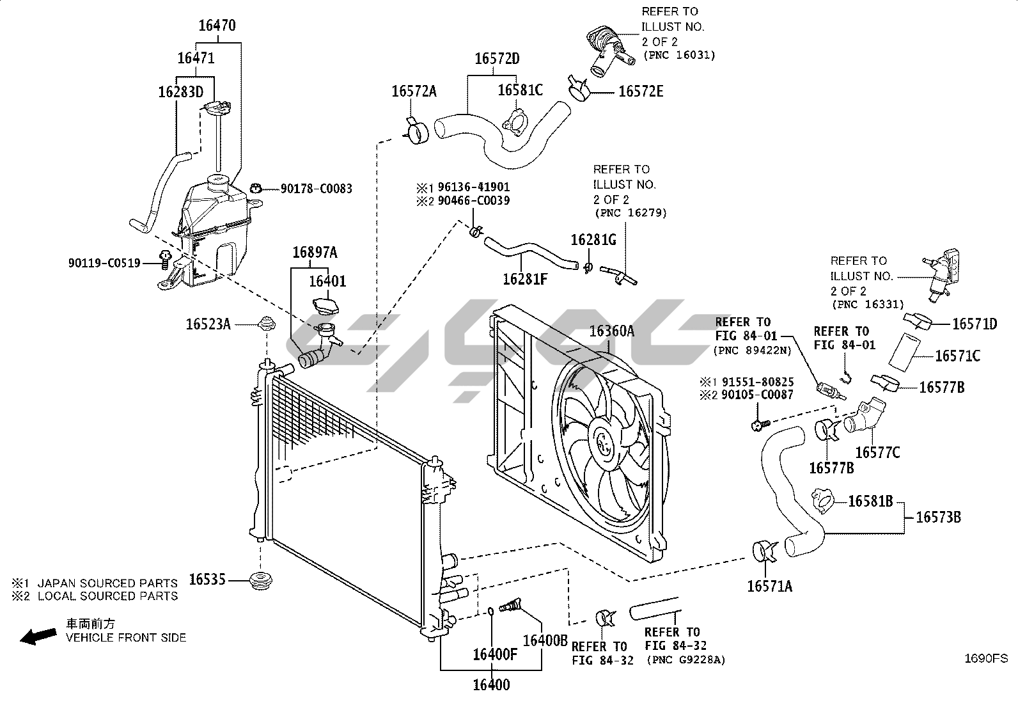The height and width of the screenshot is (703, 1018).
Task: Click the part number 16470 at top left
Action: click(217, 26)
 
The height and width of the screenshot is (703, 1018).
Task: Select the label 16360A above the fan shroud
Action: click(612, 331)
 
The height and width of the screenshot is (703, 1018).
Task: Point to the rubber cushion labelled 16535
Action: click(262, 580)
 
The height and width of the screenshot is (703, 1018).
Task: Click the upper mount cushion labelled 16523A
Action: click(267, 324)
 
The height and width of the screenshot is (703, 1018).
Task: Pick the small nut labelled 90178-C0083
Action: click(256, 188)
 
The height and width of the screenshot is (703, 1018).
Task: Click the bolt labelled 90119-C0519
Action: click(165, 259)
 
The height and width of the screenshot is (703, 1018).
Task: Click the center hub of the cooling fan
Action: click(604, 441)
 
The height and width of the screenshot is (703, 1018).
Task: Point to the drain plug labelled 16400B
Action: click(510, 605)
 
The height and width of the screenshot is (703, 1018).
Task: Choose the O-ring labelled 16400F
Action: click(491, 611)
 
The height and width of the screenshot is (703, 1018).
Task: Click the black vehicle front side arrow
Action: click(38, 636)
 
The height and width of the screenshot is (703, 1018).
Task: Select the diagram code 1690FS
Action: click(986, 658)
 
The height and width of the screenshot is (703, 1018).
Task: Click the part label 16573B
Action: click(938, 517)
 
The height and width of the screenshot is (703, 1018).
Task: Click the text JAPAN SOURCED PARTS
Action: click(107, 583)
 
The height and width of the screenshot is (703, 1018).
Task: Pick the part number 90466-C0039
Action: click(474, 200)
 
